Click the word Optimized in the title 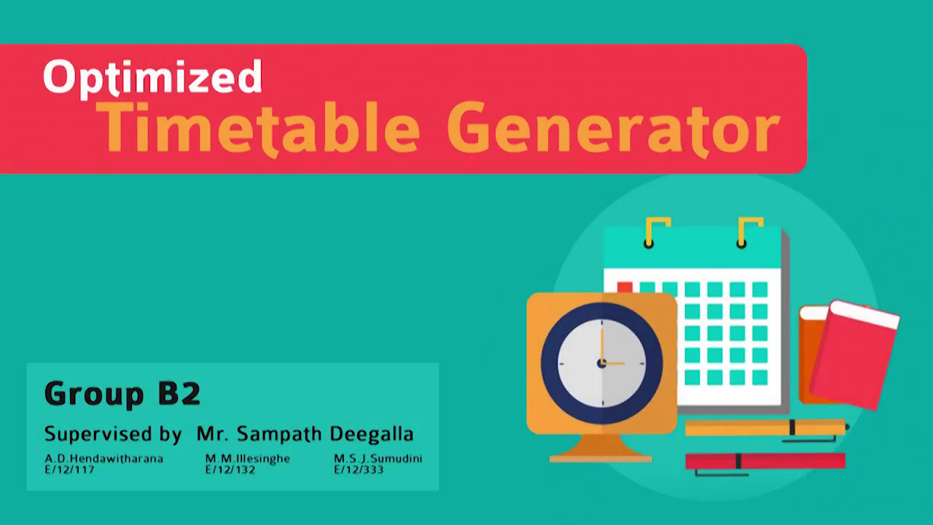[x=152, y=77]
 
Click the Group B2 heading [x=122, y=394]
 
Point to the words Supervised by [x=112, y=434]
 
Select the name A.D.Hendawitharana [x=104, y=459]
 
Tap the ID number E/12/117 [x=69, y=470]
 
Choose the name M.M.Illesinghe [x=247, y=459]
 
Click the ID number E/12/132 [x=230, y=470]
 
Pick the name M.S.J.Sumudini [x=378, y=459]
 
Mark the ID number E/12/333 [x=359, y=470]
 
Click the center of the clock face [x=602, y=362]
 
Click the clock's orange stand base [x=600, y=458]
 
